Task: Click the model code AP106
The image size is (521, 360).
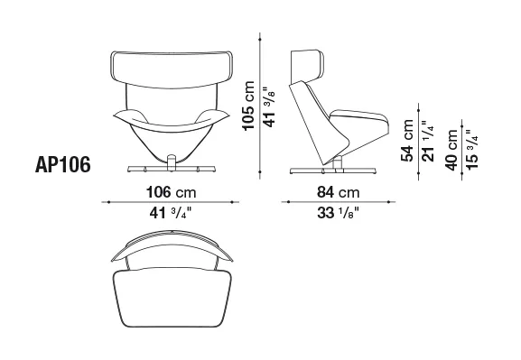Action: pos(63,165)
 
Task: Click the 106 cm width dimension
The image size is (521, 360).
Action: pos(172,192)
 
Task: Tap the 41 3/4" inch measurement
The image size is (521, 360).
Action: pos(171,213)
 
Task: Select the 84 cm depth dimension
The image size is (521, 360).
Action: pos(339,192)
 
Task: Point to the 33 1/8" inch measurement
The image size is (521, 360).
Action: pos(339,213)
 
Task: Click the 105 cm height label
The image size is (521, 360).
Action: pos(248,106)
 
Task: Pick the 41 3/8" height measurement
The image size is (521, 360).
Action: pos(269,107)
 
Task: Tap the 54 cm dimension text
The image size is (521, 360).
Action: pos(407,141)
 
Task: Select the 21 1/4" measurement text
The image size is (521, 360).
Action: pos(429,141)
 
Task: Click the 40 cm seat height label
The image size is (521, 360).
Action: pos(451,150)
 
